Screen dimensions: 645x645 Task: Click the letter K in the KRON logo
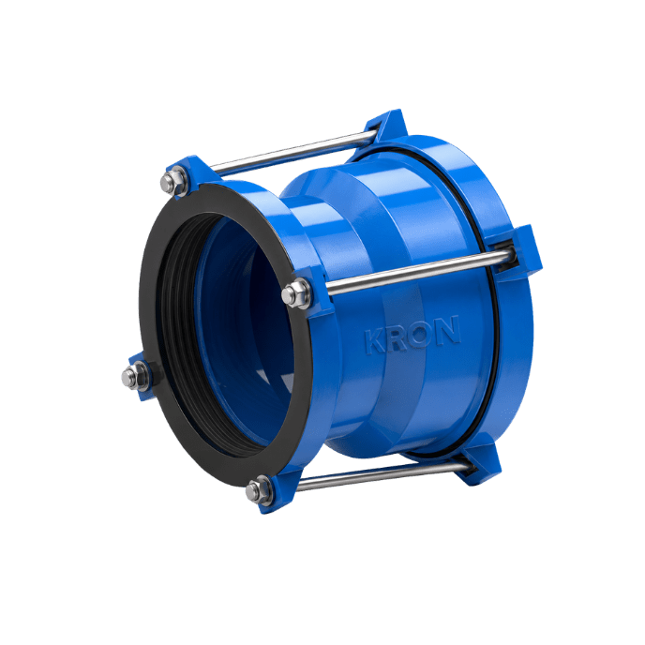pyautogui.click(x=375, y=341)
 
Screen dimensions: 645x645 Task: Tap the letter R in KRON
pyautogui.click(x=396, y=337)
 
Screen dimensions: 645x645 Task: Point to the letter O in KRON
pyautogui.click(x=420, y=334)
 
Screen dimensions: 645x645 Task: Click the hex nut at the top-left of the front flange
pyautogui.click(x=173, y=182)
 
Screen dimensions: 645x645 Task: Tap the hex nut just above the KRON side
pyautogui.click(x=296, y=293)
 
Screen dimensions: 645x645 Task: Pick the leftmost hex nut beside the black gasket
pyautogui.click(x=135, y=375)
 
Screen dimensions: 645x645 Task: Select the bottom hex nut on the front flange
pyautogui.click(x=259, y=489)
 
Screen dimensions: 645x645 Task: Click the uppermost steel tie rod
pyautogui.click(x=294, y=152)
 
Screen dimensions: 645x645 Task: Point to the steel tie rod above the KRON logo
pyautogui.click(x=420, y=272)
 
